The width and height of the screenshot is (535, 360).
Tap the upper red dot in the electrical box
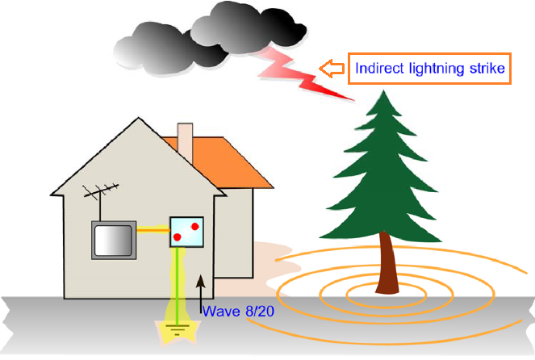(194, 227)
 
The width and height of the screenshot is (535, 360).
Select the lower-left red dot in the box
(178, 237)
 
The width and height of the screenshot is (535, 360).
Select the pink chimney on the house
(185, 142)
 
